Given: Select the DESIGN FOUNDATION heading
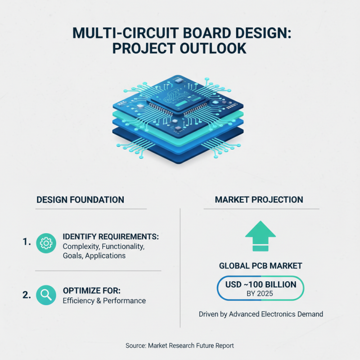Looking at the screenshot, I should [80, 199].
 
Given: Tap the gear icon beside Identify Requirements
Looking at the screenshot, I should [46, 243].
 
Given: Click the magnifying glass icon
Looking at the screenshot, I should [46, 295].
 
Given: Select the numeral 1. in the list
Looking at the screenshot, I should [27, 242].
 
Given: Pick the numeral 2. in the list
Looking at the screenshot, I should [27, 295].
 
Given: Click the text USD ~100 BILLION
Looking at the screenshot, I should [261, 284].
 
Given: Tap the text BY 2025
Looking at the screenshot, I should [261, 294].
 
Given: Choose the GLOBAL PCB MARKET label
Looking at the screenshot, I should [261, 266].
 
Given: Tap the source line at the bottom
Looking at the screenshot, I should [180, 346].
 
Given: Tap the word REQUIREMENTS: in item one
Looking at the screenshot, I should [127, 237].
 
